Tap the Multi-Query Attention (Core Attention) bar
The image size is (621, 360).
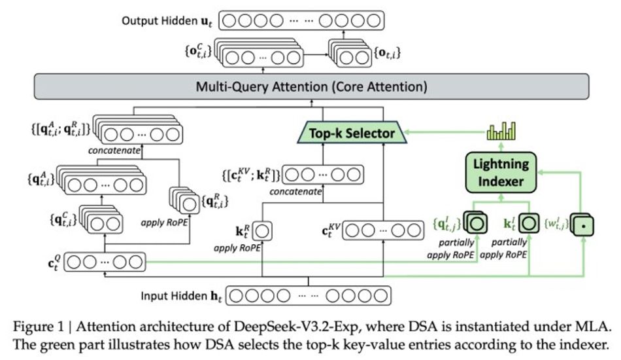pos(309,86)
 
